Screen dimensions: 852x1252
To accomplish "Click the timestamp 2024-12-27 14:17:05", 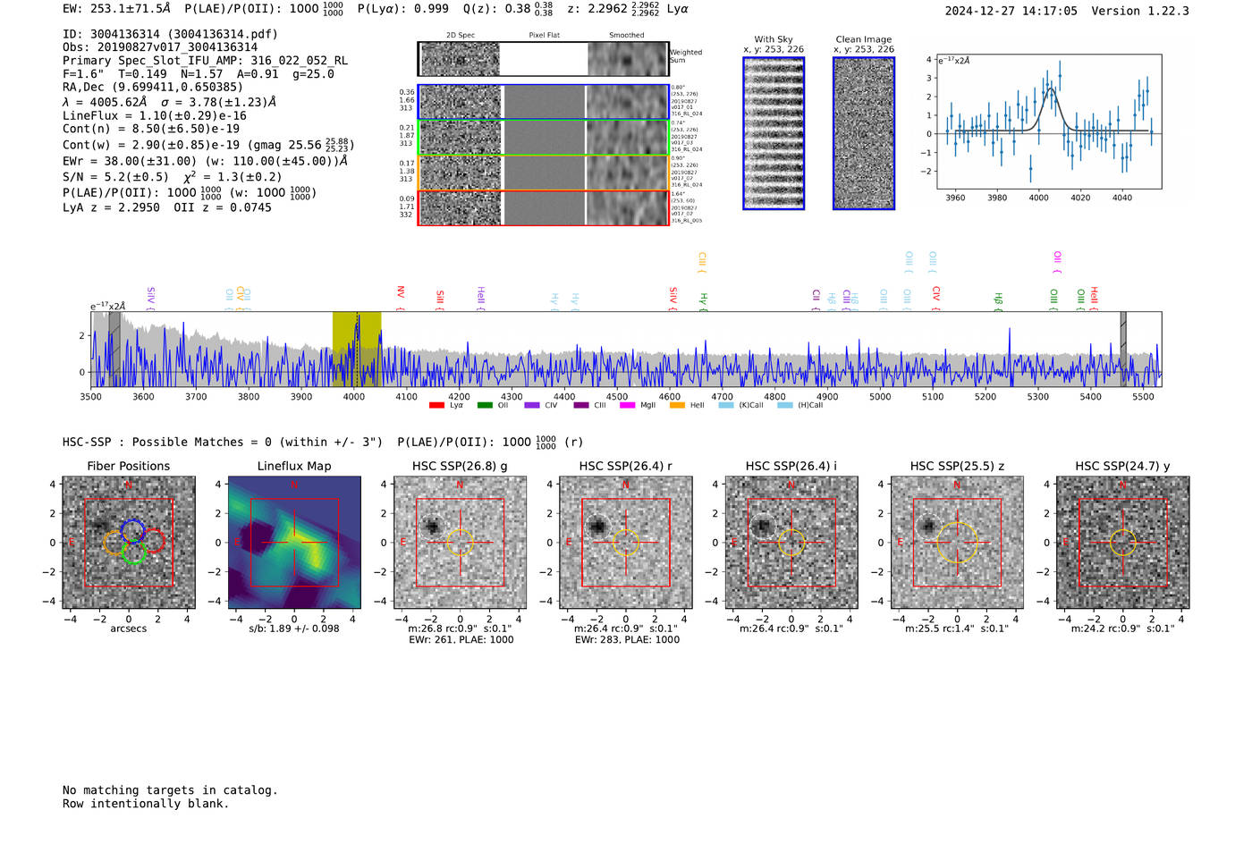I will pyautogui.click(x=1011, y=11).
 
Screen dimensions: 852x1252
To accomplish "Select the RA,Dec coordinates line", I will pyautogui.click(x=152, y=87).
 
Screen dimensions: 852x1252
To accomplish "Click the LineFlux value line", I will pyautogui.click(x=154, y=115).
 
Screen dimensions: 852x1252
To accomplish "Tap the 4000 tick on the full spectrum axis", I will pyautogui.click(x=353, y=396).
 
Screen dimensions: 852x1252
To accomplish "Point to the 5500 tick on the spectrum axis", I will pyautogui.click(x=1143, y=396).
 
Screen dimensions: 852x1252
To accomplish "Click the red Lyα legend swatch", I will pyautogui.click(x=436, y=406).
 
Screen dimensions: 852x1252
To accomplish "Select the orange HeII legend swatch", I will pyautogui.click(x=677, y=406).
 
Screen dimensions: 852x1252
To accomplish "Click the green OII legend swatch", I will pyautogui.click(x=485, y=406).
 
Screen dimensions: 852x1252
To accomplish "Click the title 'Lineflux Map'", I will pyautogui.click(x=294, y=466).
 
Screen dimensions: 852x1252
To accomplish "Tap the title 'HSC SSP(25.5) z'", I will pyautogui.click(x=957, y=466).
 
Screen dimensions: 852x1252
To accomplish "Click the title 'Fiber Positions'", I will pyautogui.click(x=128, y=466).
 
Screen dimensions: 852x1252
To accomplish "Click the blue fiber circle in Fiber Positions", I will pyautogui.click(x=132, y=529).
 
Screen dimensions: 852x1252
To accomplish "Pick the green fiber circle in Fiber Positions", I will pyautogui.click(x=133, y=553).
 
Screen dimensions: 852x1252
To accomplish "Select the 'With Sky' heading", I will pyautogui.click(x=774, y=39).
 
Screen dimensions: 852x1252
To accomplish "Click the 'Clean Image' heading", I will pyautogui.click(x=863, y=39).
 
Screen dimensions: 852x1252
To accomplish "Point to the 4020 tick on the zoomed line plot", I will pyautogui.click(x=1080, y=198).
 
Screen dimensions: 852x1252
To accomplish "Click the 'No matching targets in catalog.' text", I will pyautogui.click(x=170, y=790).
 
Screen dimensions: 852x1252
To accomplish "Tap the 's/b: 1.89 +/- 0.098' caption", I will pyautogui.click(x=294, y=628).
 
